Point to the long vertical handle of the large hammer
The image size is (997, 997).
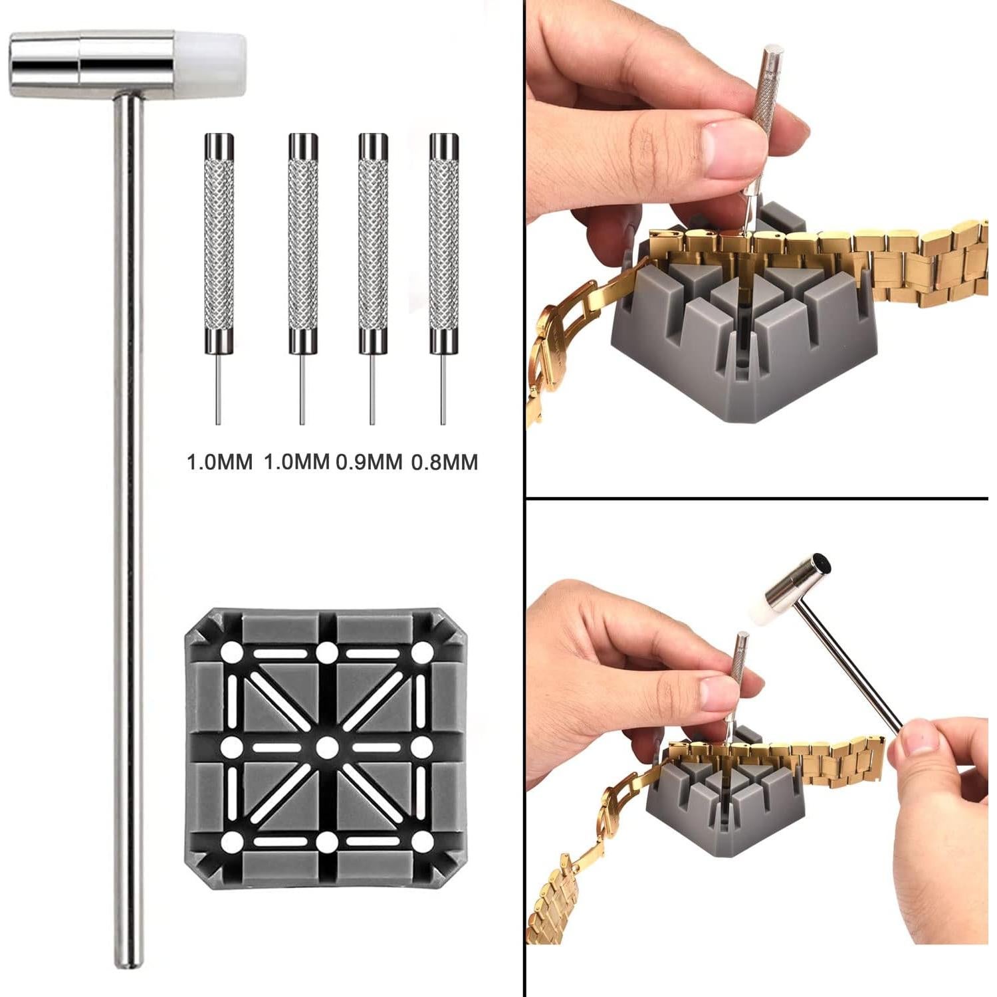click(x=128, y=532)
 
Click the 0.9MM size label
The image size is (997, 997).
click(x=370, y=462)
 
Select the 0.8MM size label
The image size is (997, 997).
click(x=445, y=462)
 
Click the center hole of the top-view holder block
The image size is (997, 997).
click(x=326, y=748)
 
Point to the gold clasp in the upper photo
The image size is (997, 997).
click(x=555, y=346)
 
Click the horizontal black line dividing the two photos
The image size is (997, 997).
click(x=758, y=497)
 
